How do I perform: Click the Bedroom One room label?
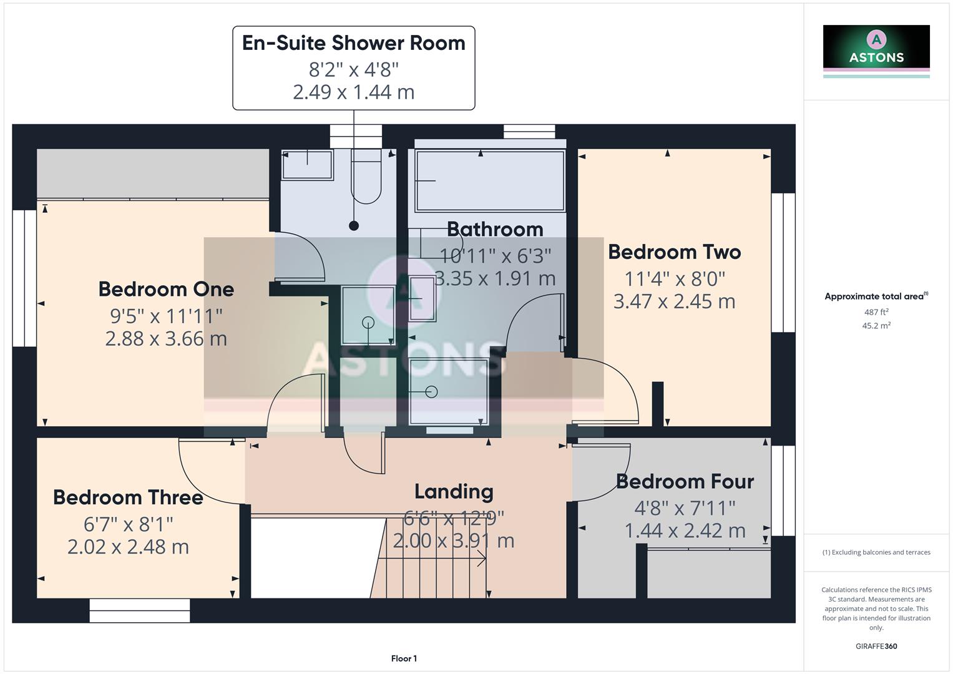tap(166, 289)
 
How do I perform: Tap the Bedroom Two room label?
tap(674, 252)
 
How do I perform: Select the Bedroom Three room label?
tap(128, 497)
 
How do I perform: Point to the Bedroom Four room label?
tap(685, 482)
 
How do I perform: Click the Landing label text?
tap(454, 492)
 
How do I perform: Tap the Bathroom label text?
tap(495, 229)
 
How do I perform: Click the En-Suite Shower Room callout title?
tap(353, 43)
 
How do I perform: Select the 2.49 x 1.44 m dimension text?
tap(353, 92)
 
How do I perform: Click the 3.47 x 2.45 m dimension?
tap(674, 301)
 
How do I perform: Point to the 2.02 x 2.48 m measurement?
tap(128, 547)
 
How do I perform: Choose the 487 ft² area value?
tap(876, 312)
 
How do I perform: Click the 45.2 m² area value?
tap(876, 326)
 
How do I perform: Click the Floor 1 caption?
tap(404, 658)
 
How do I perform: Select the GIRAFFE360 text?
tap(876, 646)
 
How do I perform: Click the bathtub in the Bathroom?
tap(490, 181)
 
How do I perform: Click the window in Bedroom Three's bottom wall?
tap(139, 610)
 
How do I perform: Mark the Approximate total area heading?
tap(876, 296)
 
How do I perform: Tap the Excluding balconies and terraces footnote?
tap(876, 552)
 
